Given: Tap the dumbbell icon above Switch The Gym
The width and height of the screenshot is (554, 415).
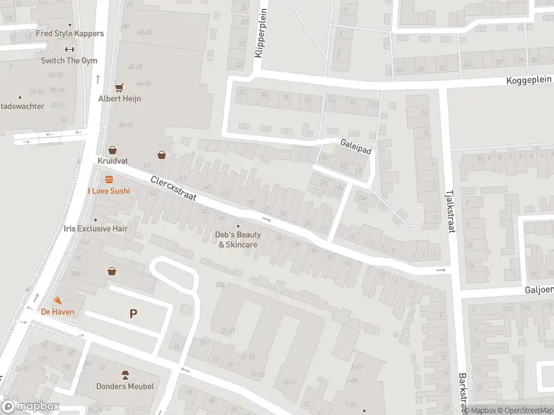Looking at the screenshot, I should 69,49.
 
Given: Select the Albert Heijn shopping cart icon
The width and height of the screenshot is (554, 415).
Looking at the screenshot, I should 119,88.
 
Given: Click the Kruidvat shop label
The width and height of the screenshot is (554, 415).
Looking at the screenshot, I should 112,160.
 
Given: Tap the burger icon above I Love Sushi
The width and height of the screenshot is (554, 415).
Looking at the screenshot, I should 109,179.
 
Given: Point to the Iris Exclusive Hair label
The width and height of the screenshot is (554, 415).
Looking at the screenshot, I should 95,228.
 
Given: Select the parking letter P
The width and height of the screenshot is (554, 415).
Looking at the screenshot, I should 134,313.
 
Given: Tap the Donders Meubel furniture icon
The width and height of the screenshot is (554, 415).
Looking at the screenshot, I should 125,374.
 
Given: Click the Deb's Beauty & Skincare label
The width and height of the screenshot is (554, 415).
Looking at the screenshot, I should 239,239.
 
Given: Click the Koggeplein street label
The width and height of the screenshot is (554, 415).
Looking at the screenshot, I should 530,82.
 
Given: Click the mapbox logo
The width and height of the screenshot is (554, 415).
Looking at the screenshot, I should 30,407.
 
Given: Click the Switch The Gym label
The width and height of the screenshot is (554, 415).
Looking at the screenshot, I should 69,61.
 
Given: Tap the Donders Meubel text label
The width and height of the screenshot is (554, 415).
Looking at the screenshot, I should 125,386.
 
